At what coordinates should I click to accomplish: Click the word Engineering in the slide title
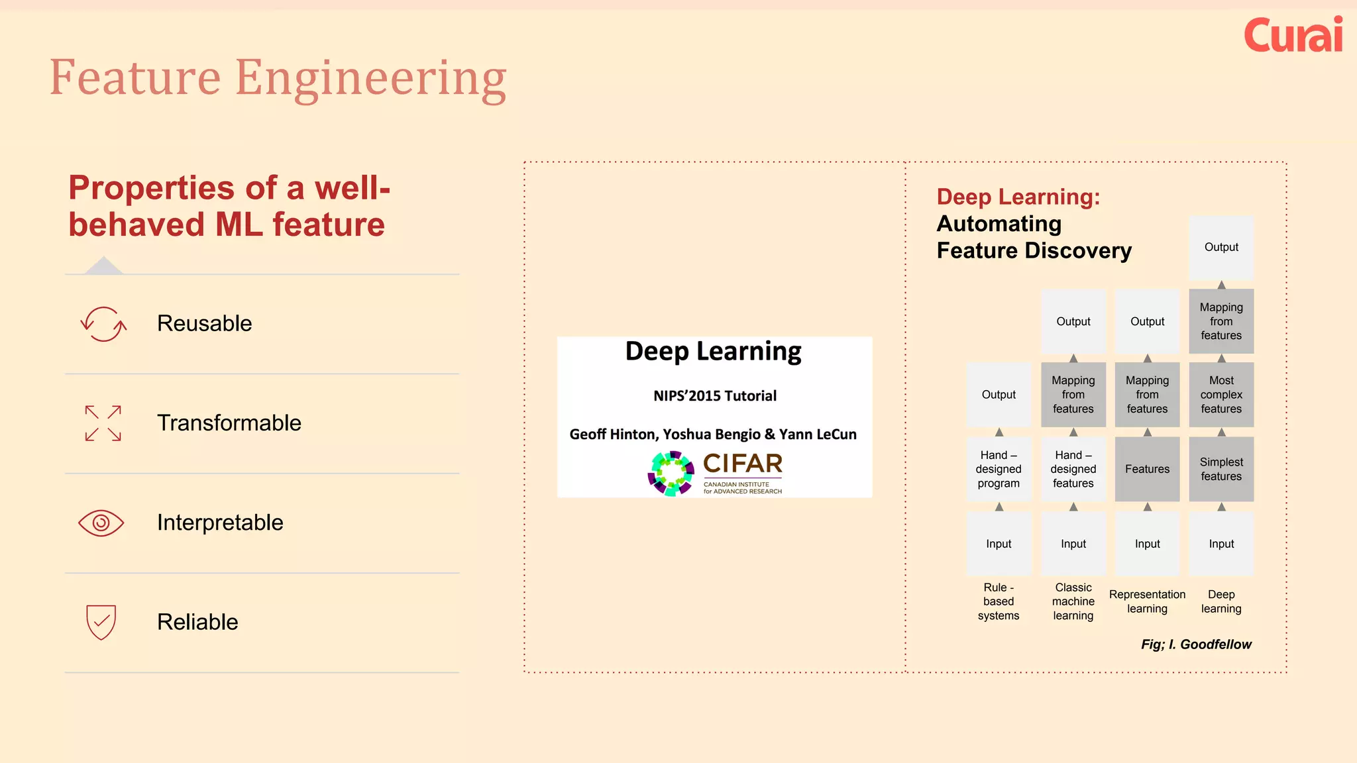(370, 78)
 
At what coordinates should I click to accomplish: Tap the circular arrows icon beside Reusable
(103, 324)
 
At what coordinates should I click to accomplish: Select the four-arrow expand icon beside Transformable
(103, 423)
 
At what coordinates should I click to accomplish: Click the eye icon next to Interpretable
(101, 523)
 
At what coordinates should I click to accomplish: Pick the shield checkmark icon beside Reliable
(101, 622)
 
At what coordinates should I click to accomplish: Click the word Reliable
(197, 622)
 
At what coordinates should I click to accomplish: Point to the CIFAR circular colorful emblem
(671, 473)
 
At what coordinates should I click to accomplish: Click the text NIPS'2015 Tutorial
(714, 396)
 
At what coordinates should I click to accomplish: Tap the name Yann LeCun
(818, 434)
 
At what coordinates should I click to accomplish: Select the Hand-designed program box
(999, 469)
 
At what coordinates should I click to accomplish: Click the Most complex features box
(1221, 395)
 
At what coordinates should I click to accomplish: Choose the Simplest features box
(1221, 469)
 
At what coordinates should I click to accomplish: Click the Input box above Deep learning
(1221, 544)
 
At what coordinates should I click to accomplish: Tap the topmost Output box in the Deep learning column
(1221, 247)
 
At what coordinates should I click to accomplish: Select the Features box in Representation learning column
(1147, 469)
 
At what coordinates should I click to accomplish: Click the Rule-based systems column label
(999, 601)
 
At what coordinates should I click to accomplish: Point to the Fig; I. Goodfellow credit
(1196, 644)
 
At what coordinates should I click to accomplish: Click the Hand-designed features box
(1073, 469)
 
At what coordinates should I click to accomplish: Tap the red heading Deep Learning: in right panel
(1018, 197)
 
